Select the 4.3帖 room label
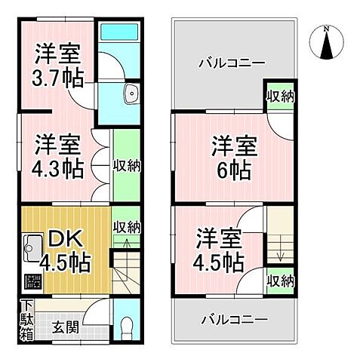click(57, 155)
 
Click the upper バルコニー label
click(231, 63)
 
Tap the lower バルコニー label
click(233, 320)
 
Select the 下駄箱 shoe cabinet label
click(26, 320)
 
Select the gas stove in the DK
click(32, 282)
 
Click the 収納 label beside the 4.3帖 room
click(125, 165)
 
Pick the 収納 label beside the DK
click(127, 227)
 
